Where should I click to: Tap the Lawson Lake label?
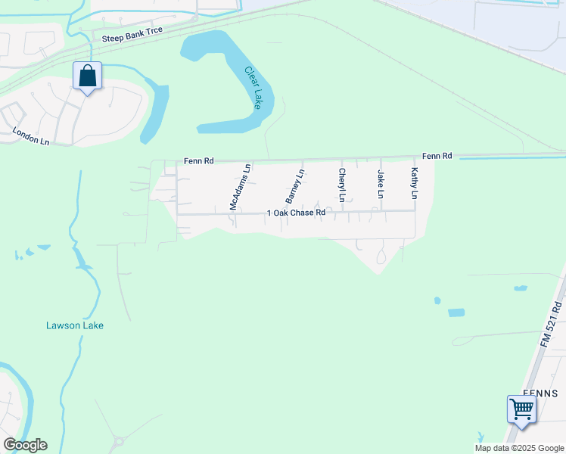click(74, 325)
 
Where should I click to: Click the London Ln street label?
click(31, 136)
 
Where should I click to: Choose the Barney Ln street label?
click(294, 186)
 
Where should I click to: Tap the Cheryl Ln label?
click(342, 185)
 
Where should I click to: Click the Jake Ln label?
click(381, 184)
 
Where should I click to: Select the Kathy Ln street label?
click(414, 183)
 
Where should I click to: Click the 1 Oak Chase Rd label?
click(296, 213)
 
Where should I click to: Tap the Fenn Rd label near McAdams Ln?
click(199, 160)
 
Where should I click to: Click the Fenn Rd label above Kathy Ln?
click(437, 156)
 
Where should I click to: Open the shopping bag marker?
click(88, 76)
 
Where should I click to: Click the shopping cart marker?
click(521, 410)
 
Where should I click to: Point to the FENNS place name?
click(540, 393)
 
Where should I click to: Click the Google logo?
click(25, 445)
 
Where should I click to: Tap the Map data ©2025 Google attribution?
click(518, 448)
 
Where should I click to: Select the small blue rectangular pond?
click(456, 313)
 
